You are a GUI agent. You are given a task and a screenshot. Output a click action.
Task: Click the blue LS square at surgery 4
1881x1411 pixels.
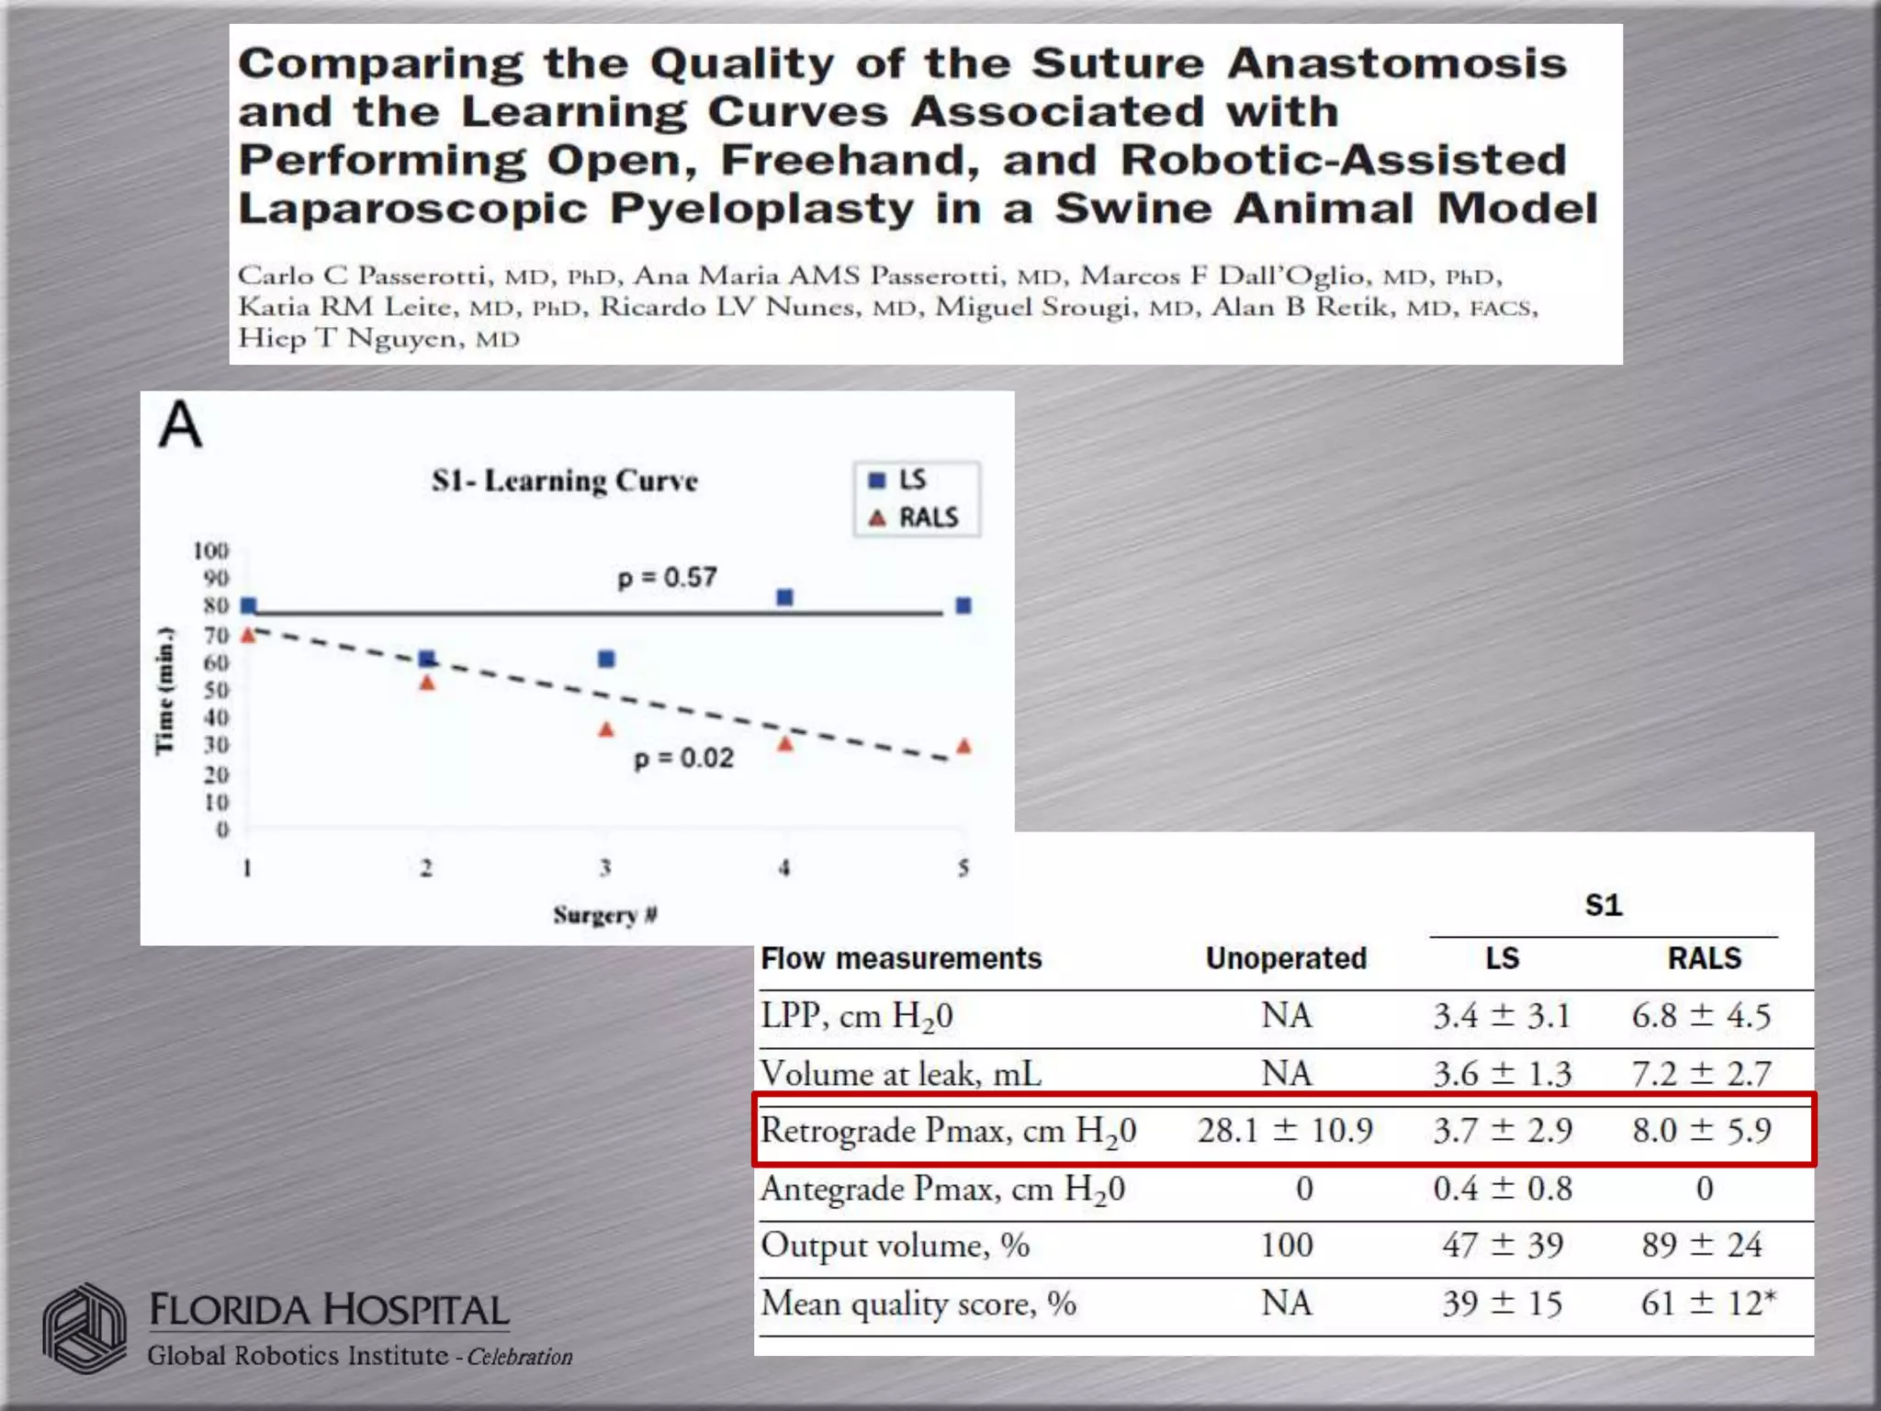pos(784,597)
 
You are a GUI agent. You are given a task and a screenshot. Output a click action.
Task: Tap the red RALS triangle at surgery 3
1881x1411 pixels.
pos(606,730)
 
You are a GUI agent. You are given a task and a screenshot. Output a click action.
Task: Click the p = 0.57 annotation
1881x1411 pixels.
pos(667,578)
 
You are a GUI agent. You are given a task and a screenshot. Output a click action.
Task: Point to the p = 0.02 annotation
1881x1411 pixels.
pos(683,759)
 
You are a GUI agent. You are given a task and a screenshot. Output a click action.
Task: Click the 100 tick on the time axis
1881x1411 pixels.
pos(211,550)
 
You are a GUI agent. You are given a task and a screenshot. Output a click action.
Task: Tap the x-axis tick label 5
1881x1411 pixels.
pos(963,867)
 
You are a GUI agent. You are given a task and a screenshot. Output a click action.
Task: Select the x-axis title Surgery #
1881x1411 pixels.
pos(604,915)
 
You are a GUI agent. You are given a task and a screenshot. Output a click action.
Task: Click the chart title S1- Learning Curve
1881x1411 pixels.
pos(565,480)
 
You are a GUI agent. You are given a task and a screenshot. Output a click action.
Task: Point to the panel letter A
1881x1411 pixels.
pos(180,425)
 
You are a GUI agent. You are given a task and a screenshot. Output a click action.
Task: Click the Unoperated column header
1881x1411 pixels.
pos(1286,958)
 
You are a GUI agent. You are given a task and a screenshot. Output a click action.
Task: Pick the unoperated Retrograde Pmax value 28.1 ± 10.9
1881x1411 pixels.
pos(1285,1130)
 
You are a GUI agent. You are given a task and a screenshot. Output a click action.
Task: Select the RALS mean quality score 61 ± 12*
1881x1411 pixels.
pos(1707,1304)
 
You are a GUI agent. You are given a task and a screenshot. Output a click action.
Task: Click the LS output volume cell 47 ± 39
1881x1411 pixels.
pos(1502,1246)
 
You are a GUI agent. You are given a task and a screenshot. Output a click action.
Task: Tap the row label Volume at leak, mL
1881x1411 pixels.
pos(901,1073)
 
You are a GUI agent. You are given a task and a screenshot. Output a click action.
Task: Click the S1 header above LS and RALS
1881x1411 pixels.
pos(1604,906)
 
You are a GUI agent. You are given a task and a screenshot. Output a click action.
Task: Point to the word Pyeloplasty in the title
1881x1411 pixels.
pos(761,209)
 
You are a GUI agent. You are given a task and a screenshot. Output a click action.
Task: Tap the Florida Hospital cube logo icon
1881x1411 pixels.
pos(84,1328)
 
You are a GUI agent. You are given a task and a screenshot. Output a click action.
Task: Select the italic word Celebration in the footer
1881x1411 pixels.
pos(519,1357)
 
